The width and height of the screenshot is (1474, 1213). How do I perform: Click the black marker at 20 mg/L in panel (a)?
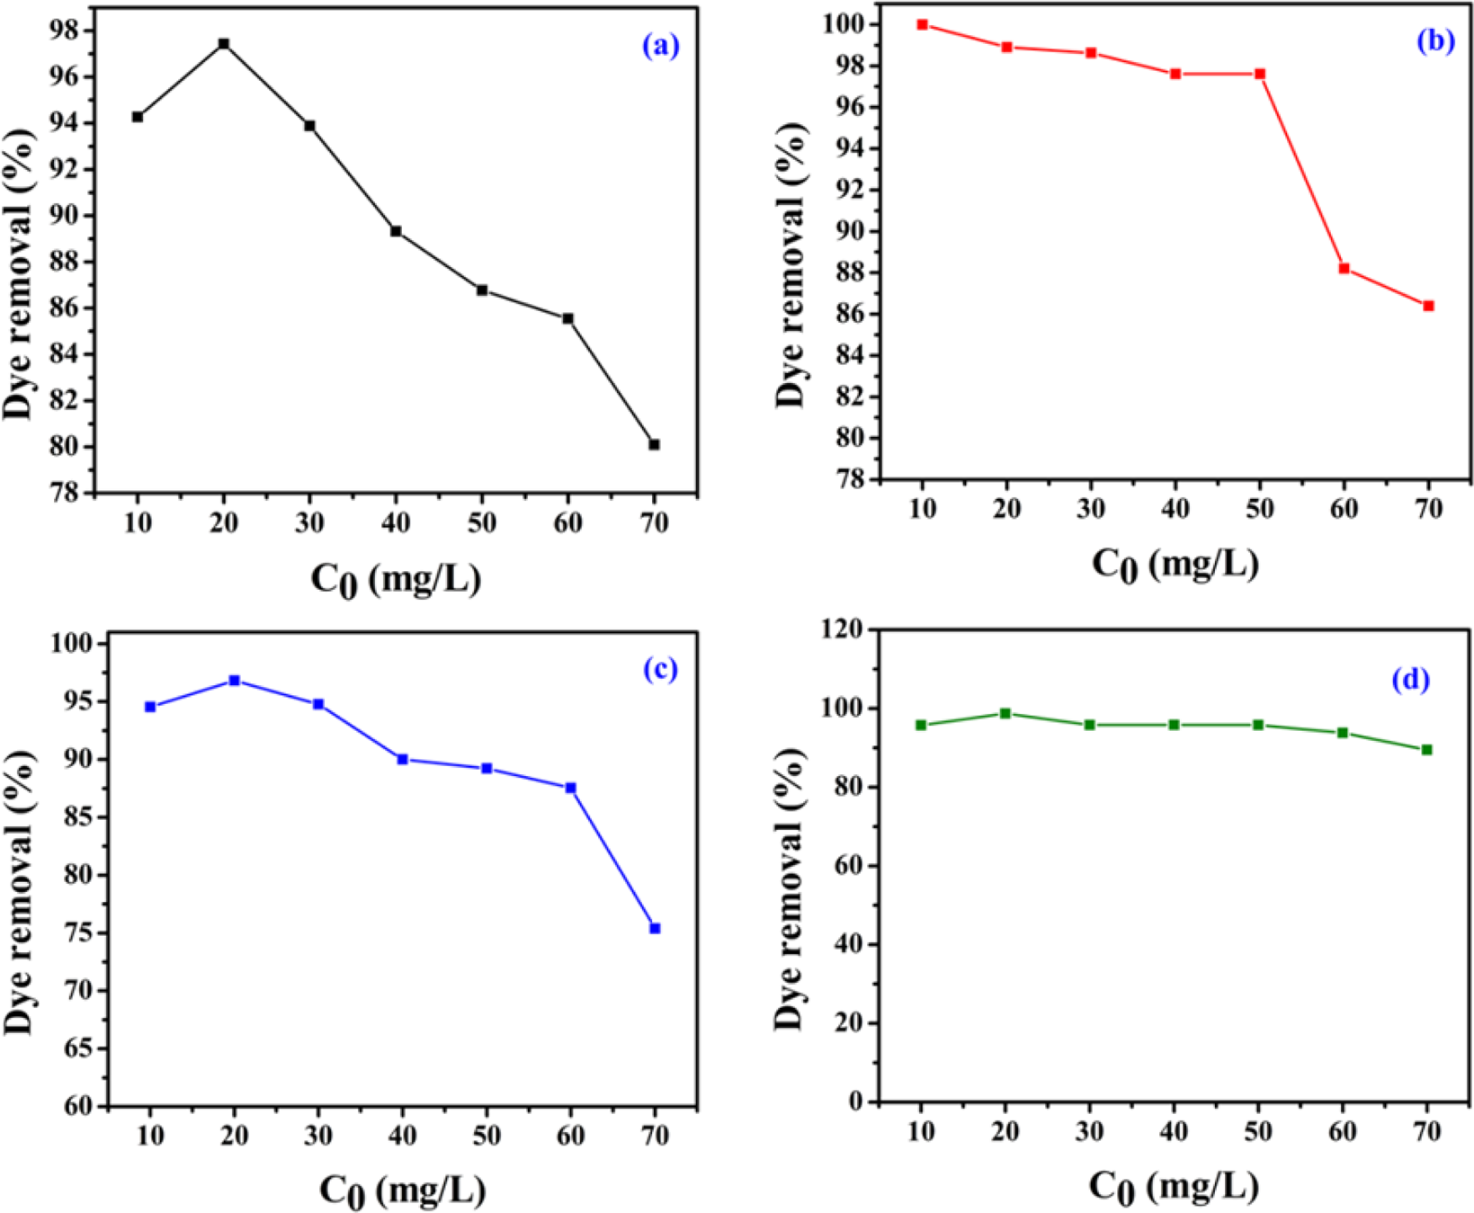click(x=224, y=43)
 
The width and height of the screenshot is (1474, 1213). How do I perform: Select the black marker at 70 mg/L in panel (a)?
click(x=655, y=444)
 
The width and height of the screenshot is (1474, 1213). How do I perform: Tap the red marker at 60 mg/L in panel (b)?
click(x=1344, y=268)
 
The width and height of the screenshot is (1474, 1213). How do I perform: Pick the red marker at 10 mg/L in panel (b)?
click(x=923, y=24)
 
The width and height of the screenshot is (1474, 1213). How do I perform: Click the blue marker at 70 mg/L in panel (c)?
click(x=656, y=928)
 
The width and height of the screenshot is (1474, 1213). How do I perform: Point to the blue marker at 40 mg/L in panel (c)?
click(x=403, y=759)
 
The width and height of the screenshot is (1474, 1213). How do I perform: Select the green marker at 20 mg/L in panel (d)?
click(x=1005, y=713)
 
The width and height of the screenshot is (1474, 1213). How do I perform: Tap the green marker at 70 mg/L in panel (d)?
click(x=1427, y=749)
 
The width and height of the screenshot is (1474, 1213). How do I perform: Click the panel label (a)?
click(x=661, y=46)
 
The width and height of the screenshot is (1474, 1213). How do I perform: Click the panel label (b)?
click(x=1435, y=40)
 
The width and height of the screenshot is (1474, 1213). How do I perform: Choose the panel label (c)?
click(x=661, y=668)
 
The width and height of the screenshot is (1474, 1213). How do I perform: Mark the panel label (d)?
click(x=1410, y=680)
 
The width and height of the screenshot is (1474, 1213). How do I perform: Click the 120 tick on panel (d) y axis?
click(x=842, y=630)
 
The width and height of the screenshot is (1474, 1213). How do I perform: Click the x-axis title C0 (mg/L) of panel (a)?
click(x=396, y=579)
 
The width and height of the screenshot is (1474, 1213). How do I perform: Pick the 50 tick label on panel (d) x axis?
click(x=1258, y=1132)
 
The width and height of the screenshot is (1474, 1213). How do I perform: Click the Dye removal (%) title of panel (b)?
click(x=791, y=265)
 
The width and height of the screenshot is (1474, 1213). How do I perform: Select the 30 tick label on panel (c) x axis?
click(x=318, y=1136)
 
